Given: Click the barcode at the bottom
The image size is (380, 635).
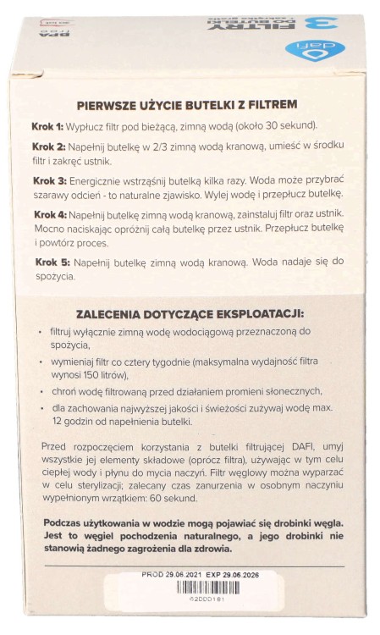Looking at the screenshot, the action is point(190,609).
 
